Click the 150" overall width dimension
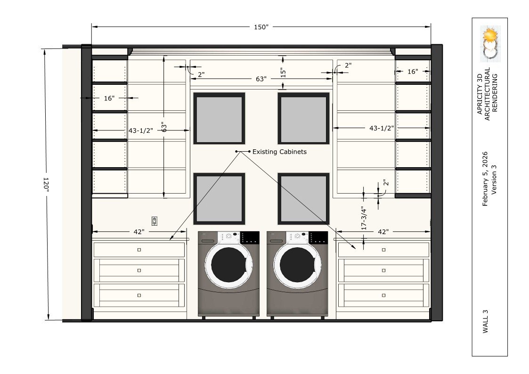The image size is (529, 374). pyautogui.click(x=261, y=27)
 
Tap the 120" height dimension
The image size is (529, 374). pyautogui.click(x=46, y=184)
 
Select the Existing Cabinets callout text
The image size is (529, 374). pyautogui.click(x=279, y=152)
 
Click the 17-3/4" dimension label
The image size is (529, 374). pyautogui.click(x=364, y=218)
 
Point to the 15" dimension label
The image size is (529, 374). pyautogui.click(x=283, y=73)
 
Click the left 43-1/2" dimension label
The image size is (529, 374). pyautogui.click(x=141, y=130)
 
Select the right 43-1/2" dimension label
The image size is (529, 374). pyautogui.click(x=382, y=128)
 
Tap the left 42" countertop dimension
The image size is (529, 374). pyautogui.click(x=138, y=232)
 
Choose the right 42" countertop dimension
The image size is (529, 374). pyautogui.click(x=383, y=232)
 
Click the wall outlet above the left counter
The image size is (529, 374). pyautogui.click(x=155, y=221)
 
